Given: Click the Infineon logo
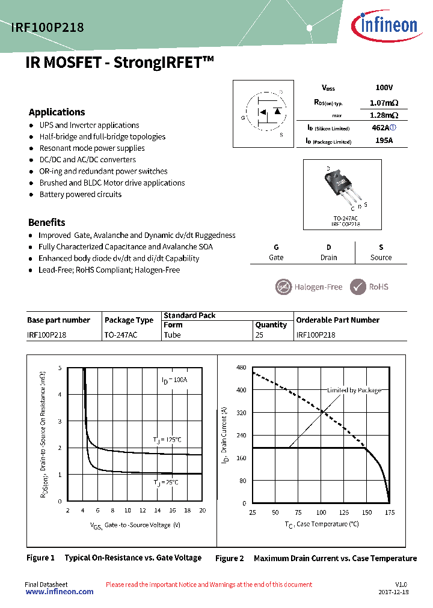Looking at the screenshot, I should pyautogui.click(x=388, y=25).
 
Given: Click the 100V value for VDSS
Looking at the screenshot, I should pyautogui.click(x=384, y=88).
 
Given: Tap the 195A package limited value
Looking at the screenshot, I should pyautogui.click(x=384, y=141).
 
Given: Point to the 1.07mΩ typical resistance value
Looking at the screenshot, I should pyautogui.click(x=384, y=103).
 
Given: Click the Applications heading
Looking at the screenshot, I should pyautogui.click(x=57, y=112).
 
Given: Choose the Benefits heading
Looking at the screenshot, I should pyautogui.click(x=47, y=222).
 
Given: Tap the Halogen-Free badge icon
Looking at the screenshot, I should pyautogui.click(x=283, y=287).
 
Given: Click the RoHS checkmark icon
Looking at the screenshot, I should pyautogui.click(x=358, y=287).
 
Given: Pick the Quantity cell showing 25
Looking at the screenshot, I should pyautogui.click(x=259, y=335).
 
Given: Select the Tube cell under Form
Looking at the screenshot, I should pyautogui.click(x=173, y=335).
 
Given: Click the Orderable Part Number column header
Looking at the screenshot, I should pyautogui.click(x=338, y=320).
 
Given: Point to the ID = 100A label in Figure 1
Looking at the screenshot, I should pyautogui.click(x=174, y=380).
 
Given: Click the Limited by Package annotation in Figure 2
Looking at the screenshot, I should pyautogui.click(x=354, y=391).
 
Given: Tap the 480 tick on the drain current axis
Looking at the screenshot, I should pyautogui.click(x=241, y=368).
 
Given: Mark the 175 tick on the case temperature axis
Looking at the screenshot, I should pyautogui.click(x=390, y=512).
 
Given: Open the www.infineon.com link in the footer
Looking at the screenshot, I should pyautogui.click(x=59, y=592).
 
